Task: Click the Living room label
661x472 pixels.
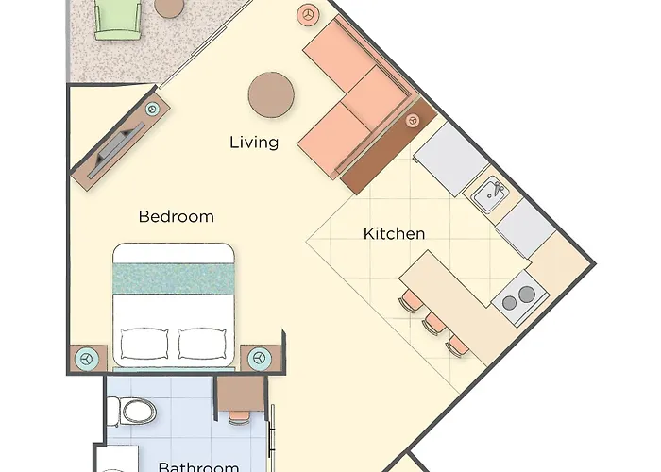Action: pyautogui.click(x=254, y=143)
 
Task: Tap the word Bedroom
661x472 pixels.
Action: pyautogui.click(x=177, y=216)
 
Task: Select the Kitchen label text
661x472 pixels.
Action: pyautogui.click(x=394, y=233)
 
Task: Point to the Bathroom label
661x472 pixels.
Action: pyautogui.click(x=199, y=467)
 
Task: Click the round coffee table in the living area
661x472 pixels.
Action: pyautogui.click(x=271, y=94)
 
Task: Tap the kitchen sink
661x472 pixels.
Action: pyautogui.click(x=489, y=195)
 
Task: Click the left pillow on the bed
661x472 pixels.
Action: pyautogui.click(x=144, y=343)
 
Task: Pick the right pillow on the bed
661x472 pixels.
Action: pyautogui.click(x=202, y=343)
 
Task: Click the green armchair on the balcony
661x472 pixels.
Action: pyautogui.click(x=118, y=20)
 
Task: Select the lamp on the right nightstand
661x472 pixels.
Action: pyautogui.click(x=260, y=359)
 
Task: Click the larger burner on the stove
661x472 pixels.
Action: pyautogui.click(x=527, y=294)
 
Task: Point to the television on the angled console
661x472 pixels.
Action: pyautogui.click(x=116, y=149)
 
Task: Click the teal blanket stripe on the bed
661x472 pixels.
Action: pyautogui.click(x=173, y=278)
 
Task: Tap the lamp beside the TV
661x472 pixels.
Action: pyautogui.click(x=153, y=109)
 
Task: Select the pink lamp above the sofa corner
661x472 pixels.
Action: pyautogui.click(x=308, y=14)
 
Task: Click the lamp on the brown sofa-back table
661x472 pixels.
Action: pyautogui.click(x=413, y=121)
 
